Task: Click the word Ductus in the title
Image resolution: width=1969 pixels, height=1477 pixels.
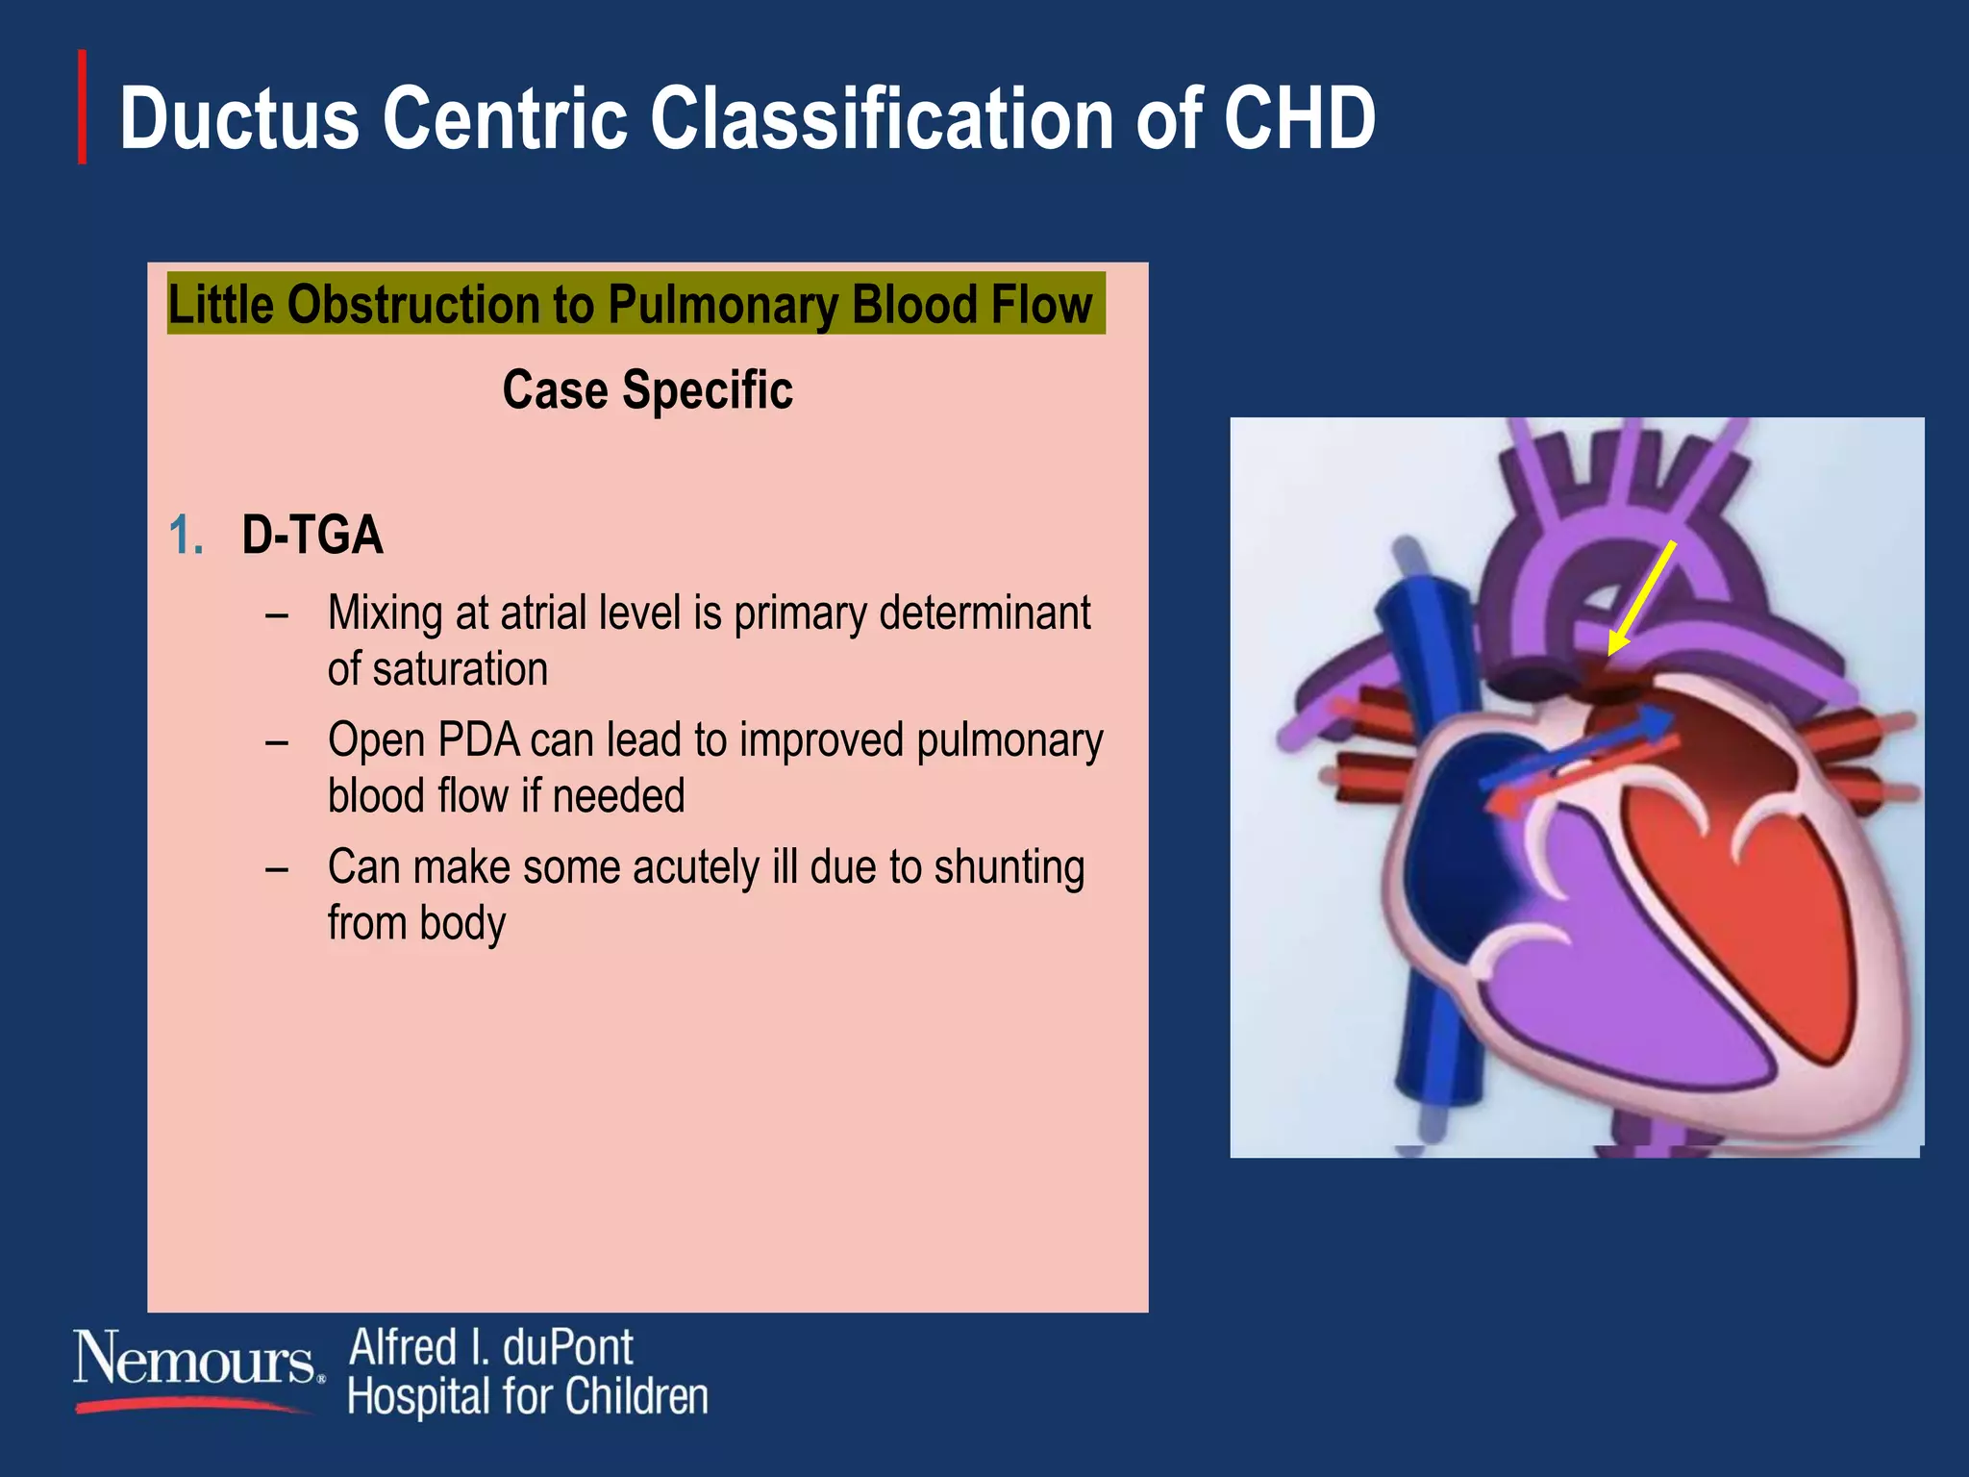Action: (x=238, y=119)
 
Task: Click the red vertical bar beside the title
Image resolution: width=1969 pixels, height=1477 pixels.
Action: (x=83, y=107)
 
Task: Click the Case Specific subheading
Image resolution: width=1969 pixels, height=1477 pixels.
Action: (x=647, y=390)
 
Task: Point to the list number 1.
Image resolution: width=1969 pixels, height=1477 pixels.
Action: (x=185, y=536)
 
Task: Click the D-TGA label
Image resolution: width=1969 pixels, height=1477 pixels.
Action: (x=312, y=536)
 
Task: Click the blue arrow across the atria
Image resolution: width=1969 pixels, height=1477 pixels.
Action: (x=1577, y=748)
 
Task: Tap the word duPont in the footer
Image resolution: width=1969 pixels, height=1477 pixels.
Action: (x=567, y=1347)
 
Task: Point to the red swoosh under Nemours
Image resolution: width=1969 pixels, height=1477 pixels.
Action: (x=192, y=1406)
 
